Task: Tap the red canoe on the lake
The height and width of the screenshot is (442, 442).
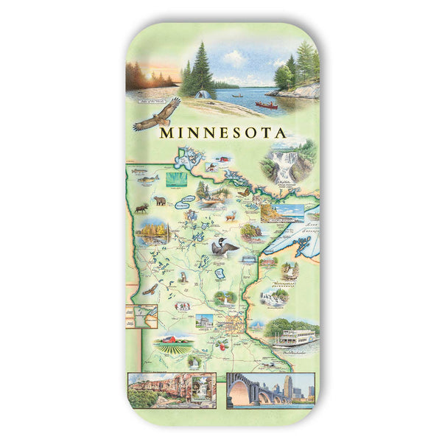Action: pyautogui.click(x=266, y=105)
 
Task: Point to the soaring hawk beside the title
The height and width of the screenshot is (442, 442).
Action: pyautogui.click(x=157, y=115)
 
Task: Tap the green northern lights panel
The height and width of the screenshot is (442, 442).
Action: pyautogui.click(x=177, y=178)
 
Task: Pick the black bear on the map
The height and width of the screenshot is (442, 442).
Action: pyautogui.click(x=160, y=200)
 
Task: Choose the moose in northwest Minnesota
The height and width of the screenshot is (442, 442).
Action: pyautogui.click(x=141, y=209)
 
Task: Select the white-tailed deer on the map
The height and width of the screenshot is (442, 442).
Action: pyautogui.click(x=231, y=217)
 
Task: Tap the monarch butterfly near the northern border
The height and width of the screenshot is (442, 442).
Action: pyautogui.click(x=244, y=192)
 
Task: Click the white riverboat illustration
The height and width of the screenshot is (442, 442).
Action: pyautogui.click(x=295, y=337)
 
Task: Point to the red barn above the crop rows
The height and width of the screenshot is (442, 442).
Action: pyautogui.click(x=169, y=340)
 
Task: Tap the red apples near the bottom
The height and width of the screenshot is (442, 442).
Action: pyautogui.click(x=219, y=344)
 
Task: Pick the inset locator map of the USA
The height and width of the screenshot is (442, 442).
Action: pyautogui.click(x=141, y=316)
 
